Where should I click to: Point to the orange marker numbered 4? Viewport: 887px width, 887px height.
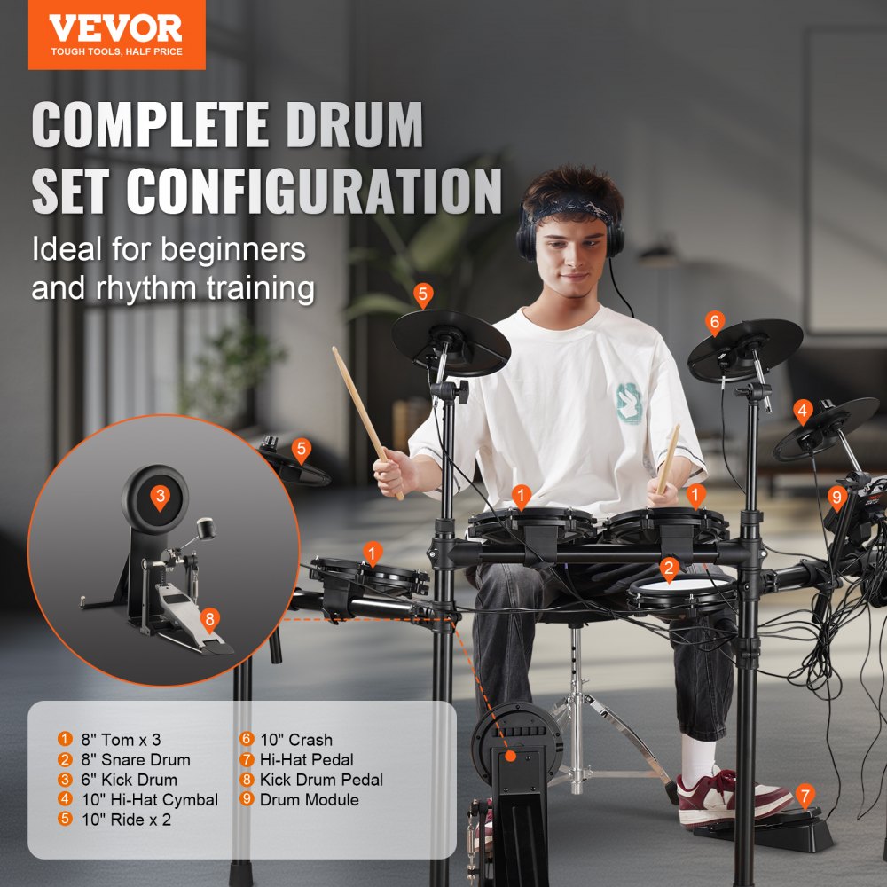[803, 412]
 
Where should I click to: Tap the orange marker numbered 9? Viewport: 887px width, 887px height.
[836, 497]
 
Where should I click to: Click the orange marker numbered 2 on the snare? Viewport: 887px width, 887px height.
[669, 569]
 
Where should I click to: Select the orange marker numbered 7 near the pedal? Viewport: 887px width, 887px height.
[805, 795]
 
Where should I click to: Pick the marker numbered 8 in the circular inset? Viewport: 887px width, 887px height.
[209, 619]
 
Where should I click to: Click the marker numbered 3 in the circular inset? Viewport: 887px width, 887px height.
[160, 496]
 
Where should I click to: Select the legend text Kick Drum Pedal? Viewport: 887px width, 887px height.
[321, 780]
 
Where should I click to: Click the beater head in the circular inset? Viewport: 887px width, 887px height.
[209, 530]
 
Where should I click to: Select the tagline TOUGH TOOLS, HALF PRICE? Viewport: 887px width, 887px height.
[116, 51]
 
